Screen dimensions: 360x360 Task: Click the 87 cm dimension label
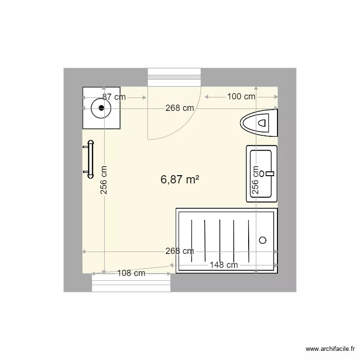tap(114, 97)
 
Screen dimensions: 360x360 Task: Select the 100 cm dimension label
tap(241, 97)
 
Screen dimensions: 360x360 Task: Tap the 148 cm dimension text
tap(224, 265)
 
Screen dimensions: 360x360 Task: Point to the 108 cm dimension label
tap(132, 274)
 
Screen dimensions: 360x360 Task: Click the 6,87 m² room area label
tap(180, 180)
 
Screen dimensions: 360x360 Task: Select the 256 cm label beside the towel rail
tap(104, 180)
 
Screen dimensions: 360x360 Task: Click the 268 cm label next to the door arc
tap(180, 108)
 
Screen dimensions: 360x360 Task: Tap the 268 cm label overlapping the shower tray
tap(180, 251)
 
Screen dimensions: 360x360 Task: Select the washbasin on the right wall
tap(262, 174)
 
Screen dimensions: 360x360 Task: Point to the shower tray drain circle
tap(263, 240)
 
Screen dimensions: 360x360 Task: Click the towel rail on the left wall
tap(89, 159)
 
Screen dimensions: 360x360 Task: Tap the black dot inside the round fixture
tap(101, 108)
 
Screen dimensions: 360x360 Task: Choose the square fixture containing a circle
tap(101, 108)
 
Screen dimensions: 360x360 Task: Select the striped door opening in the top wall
tap(174, 74)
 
